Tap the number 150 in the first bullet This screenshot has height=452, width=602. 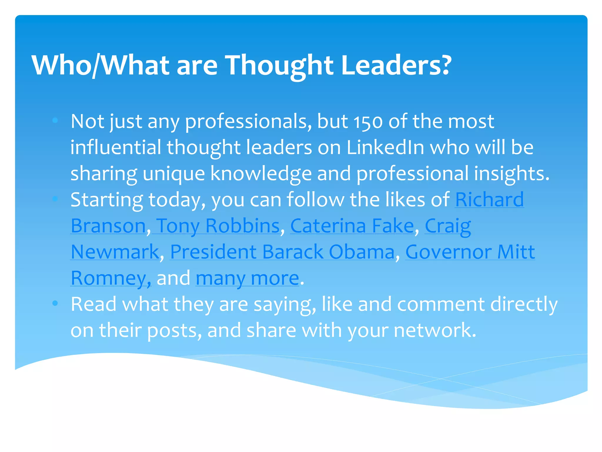click(368, 122)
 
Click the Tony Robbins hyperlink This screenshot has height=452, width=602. click(218, 226)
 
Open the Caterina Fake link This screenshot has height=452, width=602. click(352, 226)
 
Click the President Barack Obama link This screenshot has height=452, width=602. click(282, 252)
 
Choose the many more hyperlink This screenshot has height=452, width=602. click(247, 278)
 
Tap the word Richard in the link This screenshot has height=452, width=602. click(489, 200)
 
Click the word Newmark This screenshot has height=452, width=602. click(115, 252)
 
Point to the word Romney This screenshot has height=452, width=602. click(109, 278)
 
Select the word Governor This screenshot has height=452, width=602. click(449, 252)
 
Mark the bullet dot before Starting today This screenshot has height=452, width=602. click(55, 199)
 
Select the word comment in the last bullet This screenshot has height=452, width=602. click(441, 304)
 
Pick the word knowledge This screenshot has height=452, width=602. click(261, 174)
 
